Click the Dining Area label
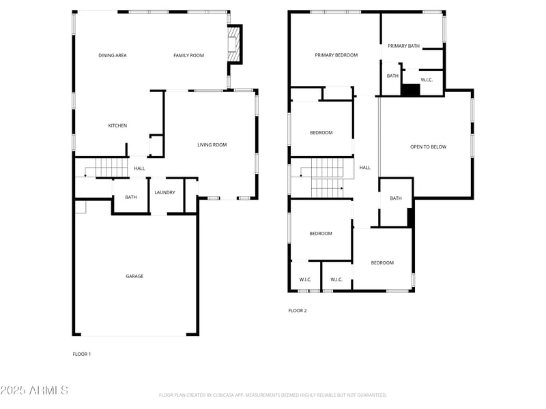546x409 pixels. (112, 55)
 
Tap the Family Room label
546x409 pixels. (188, 55)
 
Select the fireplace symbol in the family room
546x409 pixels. (233, 44)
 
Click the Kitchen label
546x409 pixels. (117, 125)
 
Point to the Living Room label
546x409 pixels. (212, 145)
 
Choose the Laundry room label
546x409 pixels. (164, 192)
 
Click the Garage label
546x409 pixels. (134, 276)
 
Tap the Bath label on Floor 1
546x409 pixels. (130, 198)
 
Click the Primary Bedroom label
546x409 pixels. (336, 55)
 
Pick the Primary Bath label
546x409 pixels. (403, 46)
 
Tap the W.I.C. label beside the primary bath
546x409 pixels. (427, 80)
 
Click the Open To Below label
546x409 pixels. (428, 147)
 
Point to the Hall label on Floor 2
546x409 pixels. (365, 168)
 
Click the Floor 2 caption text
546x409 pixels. (298, 311)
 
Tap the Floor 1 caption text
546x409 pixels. (82, 354)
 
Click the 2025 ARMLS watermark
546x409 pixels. (34, 391)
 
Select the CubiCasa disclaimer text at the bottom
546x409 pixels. (273, 395)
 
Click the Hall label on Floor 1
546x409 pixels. (139, 168)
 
